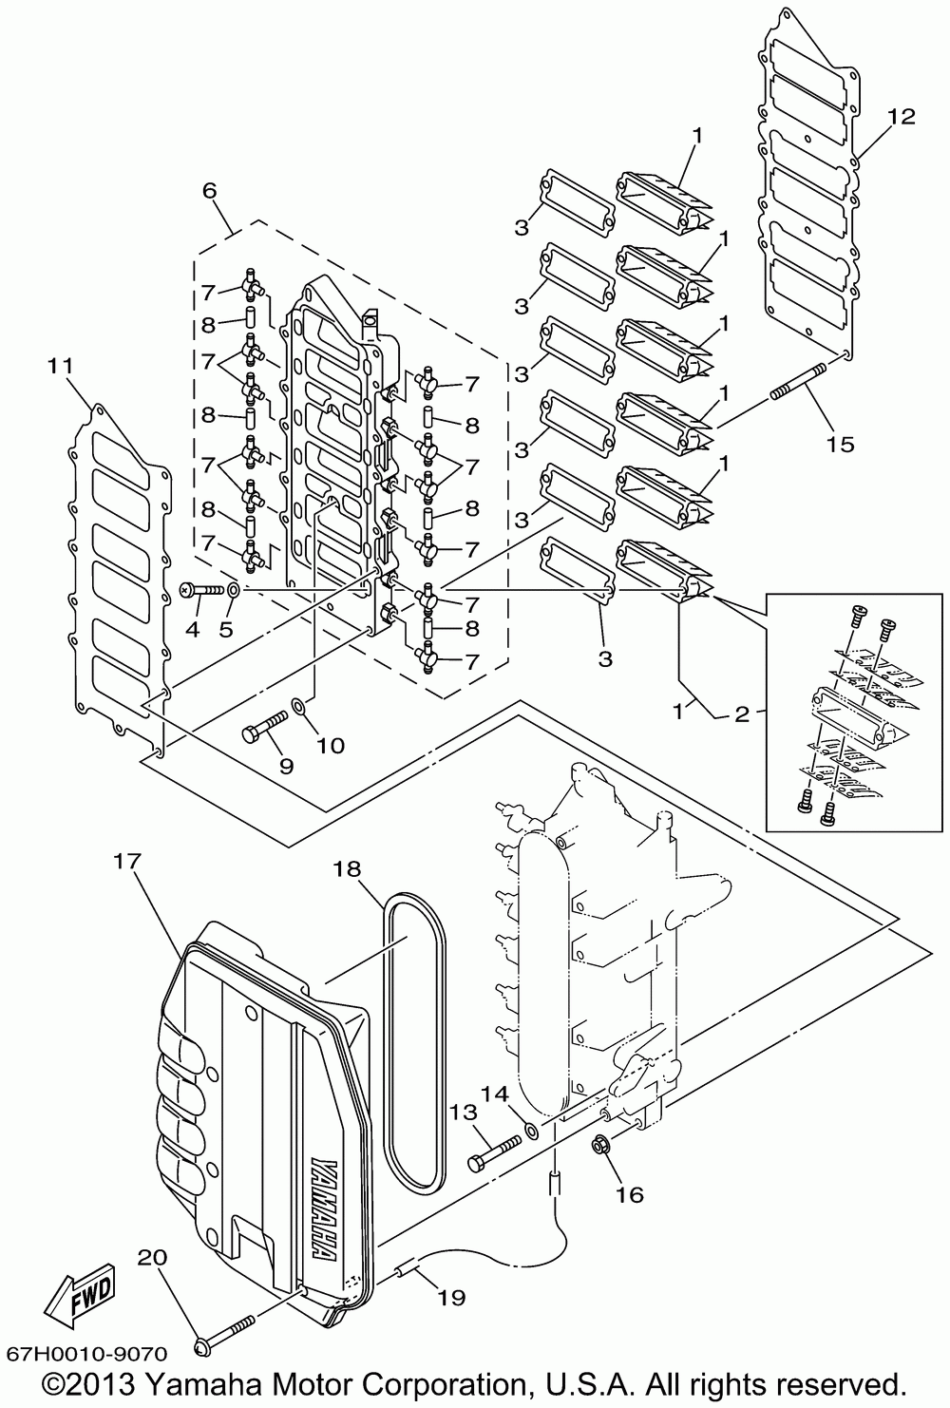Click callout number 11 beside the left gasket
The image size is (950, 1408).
(60, 364)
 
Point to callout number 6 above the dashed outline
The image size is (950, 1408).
(209, 190)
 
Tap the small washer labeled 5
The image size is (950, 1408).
(235, 591)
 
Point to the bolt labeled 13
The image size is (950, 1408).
(494, 1151)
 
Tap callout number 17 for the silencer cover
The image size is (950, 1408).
(128, 862)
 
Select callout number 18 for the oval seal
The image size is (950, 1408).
(347, 868)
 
